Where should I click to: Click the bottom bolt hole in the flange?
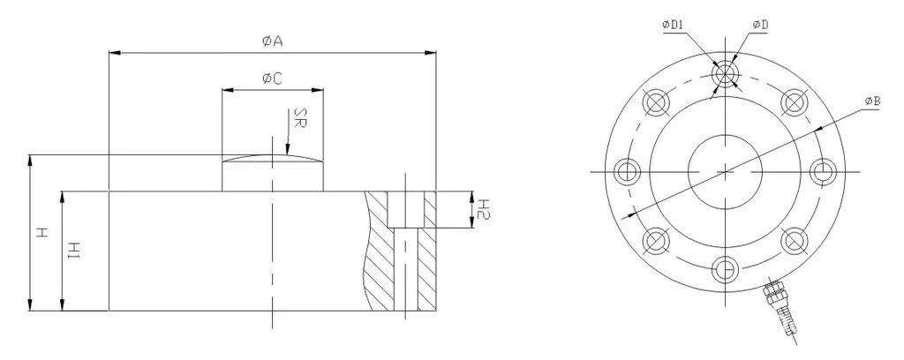point(725,266)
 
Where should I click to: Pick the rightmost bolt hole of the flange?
point(822,169)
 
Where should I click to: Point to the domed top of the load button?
point(272,159)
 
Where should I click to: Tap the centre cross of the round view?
point(725,169)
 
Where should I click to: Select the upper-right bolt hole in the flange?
point(794,101)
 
